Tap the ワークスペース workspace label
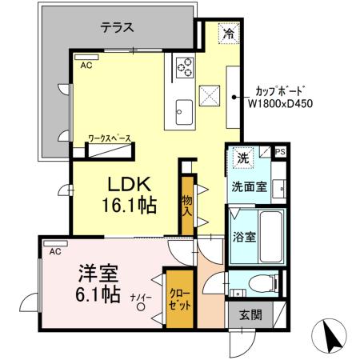coord(110,138)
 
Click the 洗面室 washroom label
coord(249,188)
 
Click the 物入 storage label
coord(188,206)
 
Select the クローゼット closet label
coord(179,298)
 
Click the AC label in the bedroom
coord(55,252)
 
